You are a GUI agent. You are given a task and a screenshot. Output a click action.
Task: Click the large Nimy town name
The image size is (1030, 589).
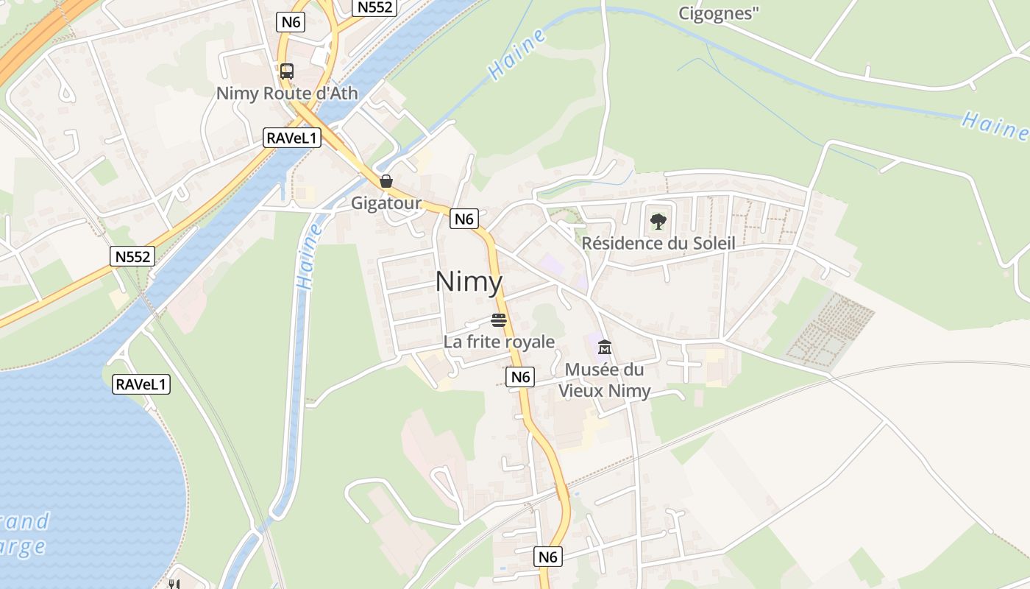point(469,282)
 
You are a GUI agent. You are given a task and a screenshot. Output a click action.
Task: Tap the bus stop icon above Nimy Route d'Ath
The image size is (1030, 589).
point(287,71)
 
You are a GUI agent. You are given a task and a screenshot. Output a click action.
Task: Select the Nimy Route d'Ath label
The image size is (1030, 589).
point(287,94)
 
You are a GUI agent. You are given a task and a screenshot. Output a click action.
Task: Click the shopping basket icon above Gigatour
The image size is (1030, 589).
point(386,181)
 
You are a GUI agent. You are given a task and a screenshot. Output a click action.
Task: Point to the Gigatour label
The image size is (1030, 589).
point(386,203)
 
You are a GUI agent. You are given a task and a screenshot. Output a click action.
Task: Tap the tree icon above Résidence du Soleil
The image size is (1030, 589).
point(658,221)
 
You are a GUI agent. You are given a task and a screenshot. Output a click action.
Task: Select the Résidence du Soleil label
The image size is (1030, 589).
point(658,243)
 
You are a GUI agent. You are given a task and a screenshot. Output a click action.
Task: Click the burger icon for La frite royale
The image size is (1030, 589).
point(499,320)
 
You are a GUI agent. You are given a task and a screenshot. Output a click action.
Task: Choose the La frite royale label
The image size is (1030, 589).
point(499,342)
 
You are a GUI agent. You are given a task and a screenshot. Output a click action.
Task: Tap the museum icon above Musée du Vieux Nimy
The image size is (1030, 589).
point(605,348)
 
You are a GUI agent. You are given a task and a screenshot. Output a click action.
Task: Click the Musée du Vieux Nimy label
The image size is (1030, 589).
point(605,380)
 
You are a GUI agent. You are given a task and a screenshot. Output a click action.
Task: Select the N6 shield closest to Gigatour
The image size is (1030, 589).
point(464,219)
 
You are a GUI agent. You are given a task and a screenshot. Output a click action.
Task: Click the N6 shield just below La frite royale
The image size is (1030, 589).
point(520,377)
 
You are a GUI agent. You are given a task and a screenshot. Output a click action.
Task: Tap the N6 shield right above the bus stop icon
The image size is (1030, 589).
point(291,22)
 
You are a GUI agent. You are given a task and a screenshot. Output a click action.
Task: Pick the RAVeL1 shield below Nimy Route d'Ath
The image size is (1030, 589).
point(292,138)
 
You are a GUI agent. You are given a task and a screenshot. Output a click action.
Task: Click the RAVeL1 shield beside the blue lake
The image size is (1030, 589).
point(141,384)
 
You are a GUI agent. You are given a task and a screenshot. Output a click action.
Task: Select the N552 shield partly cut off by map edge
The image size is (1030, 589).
point(376,7)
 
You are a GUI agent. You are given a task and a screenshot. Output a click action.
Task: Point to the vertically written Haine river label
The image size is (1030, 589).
point(310,258)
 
